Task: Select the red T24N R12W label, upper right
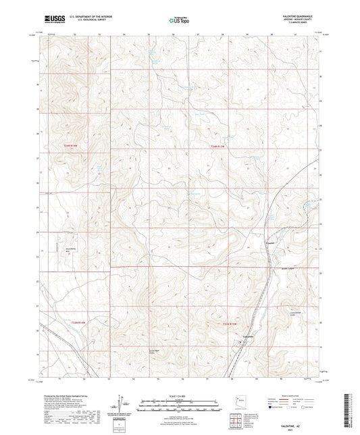tap(216, 145)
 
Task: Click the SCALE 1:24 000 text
tap(179, 395)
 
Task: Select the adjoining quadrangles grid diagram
tap(238, 421)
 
